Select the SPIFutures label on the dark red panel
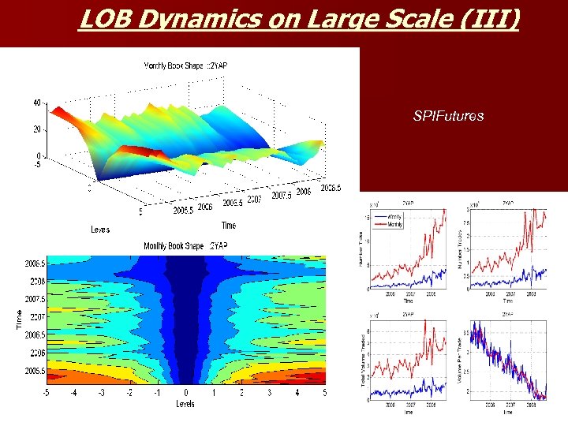448,116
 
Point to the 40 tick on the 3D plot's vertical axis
37,103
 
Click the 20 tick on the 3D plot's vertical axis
37,129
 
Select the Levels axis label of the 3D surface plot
101,230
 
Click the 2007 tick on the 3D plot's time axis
253,200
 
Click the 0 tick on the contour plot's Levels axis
186,392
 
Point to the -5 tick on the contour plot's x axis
47,392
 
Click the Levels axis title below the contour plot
186,405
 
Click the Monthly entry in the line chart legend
395,225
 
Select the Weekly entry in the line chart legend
395,218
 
